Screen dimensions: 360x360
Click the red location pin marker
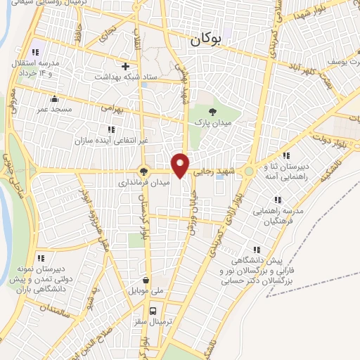(181, 165)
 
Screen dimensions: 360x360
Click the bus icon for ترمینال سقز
(153, 309)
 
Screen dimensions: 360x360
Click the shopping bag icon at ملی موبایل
(146, 278)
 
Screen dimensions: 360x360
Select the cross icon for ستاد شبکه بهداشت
(126, 67)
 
